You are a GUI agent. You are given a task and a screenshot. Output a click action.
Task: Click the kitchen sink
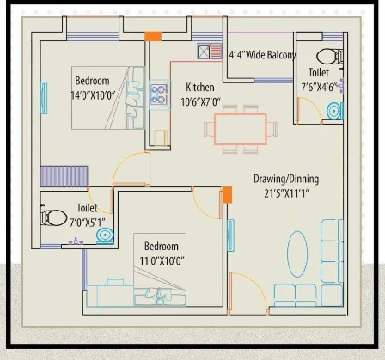210,52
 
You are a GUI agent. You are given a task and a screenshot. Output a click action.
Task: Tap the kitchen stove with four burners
158,95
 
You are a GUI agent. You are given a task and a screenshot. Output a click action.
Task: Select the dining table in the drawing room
241,129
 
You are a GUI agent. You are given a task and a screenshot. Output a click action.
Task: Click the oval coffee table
297,254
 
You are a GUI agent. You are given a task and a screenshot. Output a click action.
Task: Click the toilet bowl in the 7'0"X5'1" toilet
53,218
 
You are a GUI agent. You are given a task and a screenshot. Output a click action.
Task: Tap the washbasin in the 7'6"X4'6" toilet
334,111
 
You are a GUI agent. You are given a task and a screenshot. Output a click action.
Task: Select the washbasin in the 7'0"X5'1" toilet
105,235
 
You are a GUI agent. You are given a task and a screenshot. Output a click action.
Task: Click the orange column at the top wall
153,36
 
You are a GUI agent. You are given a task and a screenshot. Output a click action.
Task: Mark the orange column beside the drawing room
227,195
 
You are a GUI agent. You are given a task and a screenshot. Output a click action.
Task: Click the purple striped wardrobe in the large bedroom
64,176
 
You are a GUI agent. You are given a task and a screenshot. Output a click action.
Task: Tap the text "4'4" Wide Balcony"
262,55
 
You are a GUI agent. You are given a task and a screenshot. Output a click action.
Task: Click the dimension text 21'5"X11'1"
286,193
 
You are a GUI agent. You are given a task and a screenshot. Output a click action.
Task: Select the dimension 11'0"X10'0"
162,261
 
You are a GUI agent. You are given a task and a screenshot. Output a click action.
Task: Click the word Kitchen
200,88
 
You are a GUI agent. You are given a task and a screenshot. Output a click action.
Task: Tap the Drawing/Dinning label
286,180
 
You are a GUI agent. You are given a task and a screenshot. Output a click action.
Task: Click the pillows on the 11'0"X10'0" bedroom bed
158,295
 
